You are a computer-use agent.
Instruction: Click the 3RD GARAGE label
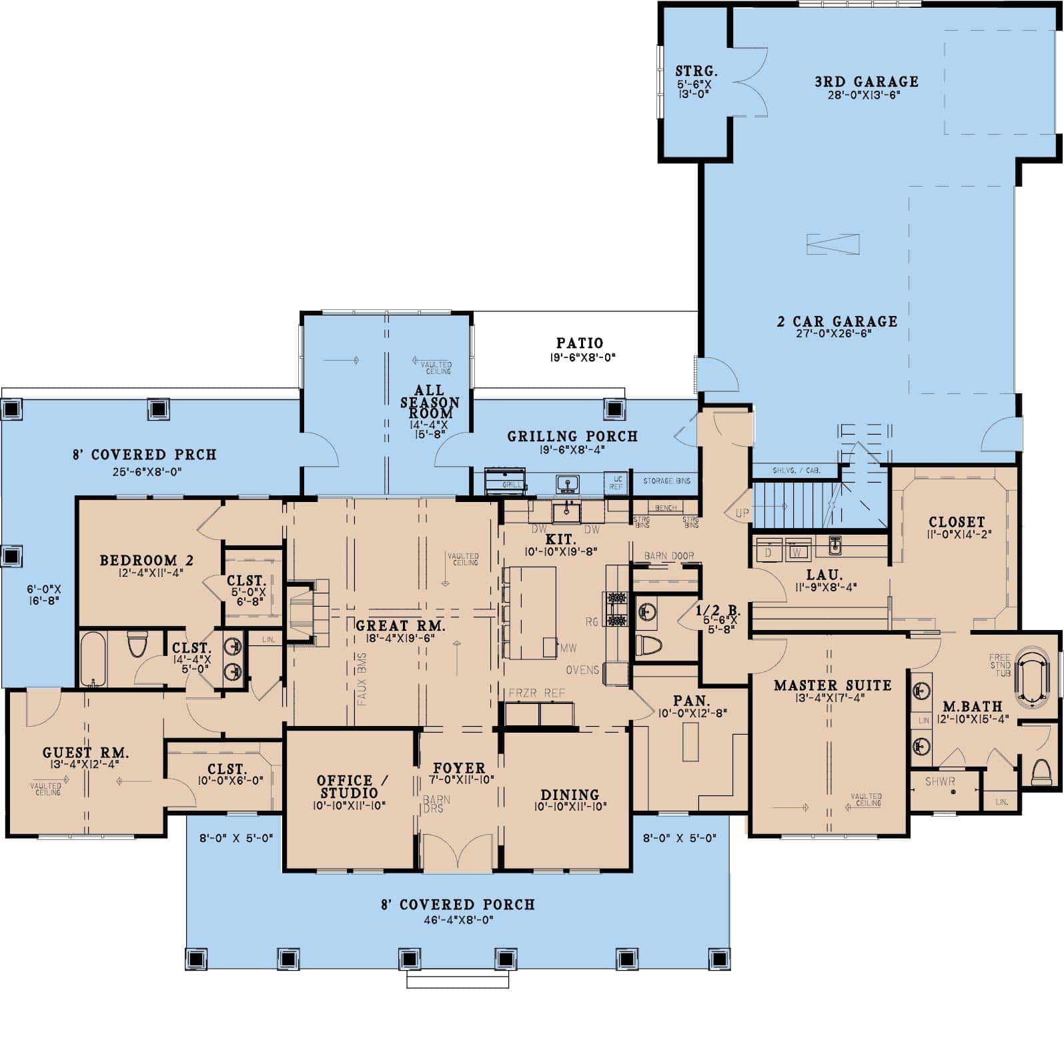point(867,82)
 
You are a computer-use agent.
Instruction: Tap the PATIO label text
point(580,343)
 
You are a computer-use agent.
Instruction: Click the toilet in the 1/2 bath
point(648,645)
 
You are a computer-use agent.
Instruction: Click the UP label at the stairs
point(742,513)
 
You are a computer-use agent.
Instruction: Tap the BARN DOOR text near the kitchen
point(668,555)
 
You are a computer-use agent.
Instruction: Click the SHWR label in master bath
point(940,781)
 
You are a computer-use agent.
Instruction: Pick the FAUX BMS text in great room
point(362,679)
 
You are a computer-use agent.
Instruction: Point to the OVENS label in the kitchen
point(582,670)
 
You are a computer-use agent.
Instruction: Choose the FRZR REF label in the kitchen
point(536,693)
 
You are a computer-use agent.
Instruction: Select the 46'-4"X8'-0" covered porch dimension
point(458,920)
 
